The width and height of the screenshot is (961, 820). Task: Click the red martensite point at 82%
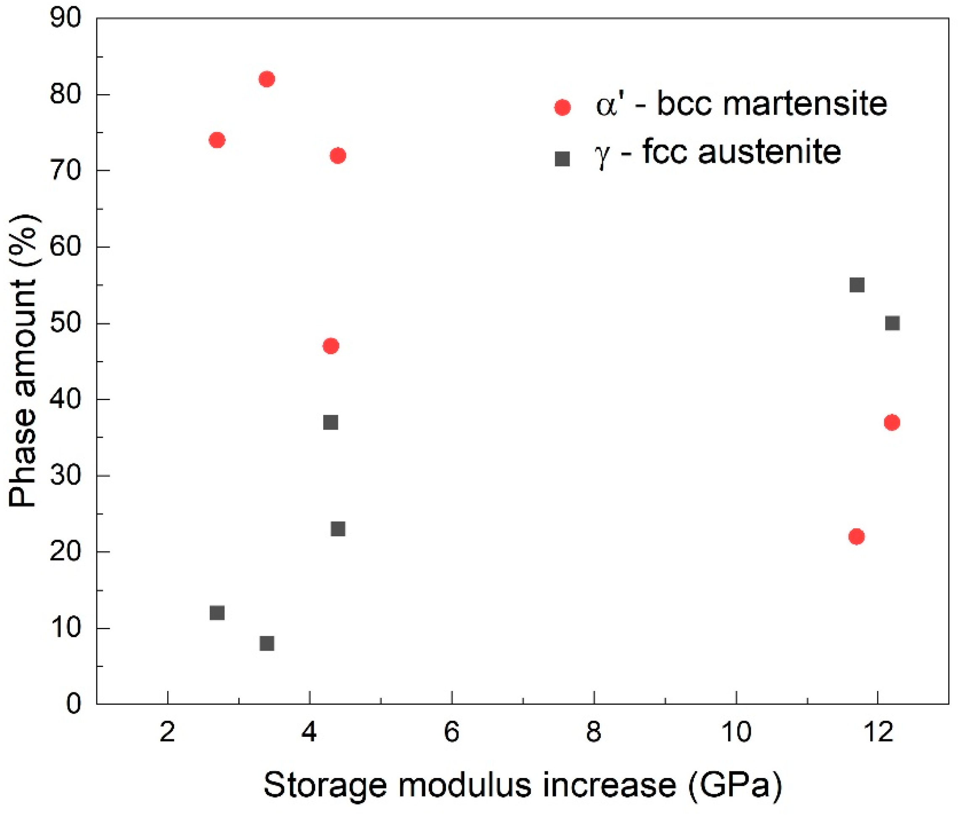pos(267,79)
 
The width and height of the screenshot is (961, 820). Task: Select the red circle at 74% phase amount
pos(217,140)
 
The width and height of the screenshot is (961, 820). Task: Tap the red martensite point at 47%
pos(331,346)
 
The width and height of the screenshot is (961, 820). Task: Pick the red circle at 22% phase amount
pos(856,537)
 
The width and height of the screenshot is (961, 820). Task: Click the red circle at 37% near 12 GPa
pos(892,422)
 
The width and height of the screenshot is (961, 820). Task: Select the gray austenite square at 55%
pos(857,285)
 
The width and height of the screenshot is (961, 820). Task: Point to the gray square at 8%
pos(267,644)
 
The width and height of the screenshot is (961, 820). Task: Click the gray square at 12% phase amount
pos(217,613)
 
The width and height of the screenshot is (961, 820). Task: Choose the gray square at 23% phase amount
pos(338,529)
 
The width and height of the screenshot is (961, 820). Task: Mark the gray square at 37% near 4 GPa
pos(331,422)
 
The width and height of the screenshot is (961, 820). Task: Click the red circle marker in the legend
pos(562,108)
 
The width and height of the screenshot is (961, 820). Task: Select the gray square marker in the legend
pos(562,159)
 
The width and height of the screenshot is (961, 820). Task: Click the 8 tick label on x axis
pos(594,732)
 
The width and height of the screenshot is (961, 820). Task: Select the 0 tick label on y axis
pos(73,704)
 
